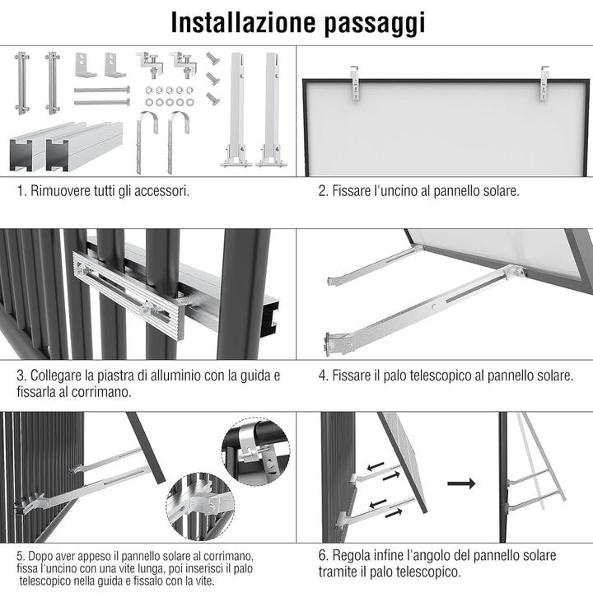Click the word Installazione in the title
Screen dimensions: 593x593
click(243, 22)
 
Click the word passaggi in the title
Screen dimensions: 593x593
click(375, 24)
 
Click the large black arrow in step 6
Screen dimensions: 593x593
click(461, 483)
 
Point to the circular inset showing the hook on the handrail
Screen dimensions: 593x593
click(255, 451)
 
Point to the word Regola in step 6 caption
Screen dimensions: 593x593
click(352, 556)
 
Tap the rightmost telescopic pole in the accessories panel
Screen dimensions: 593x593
click(271, 110)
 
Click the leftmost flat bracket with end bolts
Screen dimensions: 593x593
click(22, 83)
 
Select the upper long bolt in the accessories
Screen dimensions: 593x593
click(102, 90)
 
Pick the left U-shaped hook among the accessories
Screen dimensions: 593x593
click(147, 142)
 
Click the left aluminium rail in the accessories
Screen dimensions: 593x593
click(47, 146)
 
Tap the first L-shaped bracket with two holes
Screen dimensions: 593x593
click(85, 65)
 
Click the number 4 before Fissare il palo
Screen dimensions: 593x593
click(322, 376)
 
